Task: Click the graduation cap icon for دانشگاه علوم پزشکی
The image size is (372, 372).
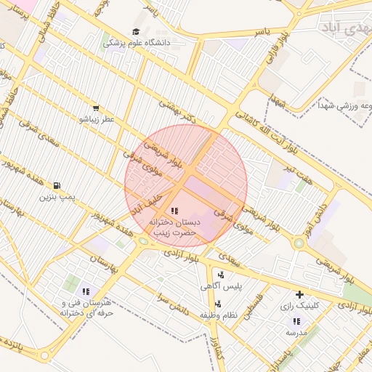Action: pos(136,31)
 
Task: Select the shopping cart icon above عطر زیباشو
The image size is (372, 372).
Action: pos(96,108)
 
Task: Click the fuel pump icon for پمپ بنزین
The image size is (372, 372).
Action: pos(57,185)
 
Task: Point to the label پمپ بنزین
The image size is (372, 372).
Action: pos(57,197)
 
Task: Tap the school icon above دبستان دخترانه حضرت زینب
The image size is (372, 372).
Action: pos(174,211)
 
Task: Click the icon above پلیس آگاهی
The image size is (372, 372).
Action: pos(220,275)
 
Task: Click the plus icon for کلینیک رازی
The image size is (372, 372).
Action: pos(299,294)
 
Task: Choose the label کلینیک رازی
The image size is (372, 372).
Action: pos(299,307)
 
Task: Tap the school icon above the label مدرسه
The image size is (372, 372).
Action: pos(296,320)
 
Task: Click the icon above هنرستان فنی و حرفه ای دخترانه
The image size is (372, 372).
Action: pos(86,291)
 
